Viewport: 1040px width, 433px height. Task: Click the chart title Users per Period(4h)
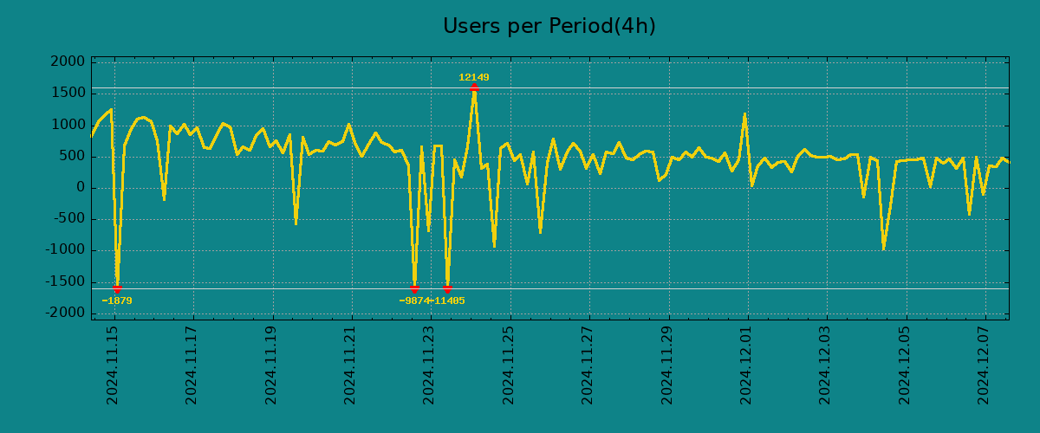point(549,26)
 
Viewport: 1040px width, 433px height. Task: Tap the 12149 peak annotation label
point(474,78)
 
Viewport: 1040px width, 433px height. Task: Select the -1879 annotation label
point(117,301)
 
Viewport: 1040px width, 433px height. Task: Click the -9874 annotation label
point(414,301)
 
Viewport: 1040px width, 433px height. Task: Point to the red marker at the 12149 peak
point(474,87)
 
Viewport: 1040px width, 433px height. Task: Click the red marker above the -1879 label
point(117,288)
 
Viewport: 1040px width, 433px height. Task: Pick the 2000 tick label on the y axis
point(68,61)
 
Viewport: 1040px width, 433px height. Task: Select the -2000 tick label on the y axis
point(66,313)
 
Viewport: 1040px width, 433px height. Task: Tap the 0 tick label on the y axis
point(80,187)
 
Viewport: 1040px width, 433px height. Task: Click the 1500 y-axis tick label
point(68,93)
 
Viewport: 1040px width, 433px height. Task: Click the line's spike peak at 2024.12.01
point(744,113)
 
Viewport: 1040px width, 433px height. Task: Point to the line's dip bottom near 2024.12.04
point(883,249)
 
